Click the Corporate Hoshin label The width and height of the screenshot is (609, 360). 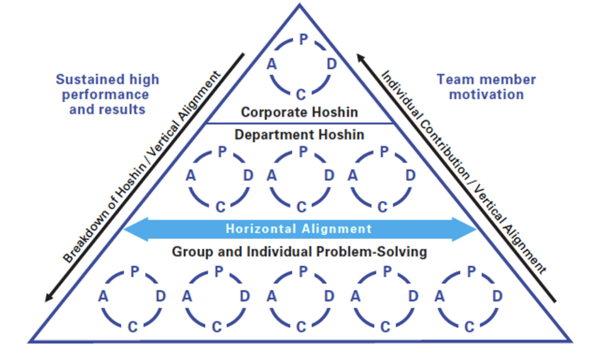300,111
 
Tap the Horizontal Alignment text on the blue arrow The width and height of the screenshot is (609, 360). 299,228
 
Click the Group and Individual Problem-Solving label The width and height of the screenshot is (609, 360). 299,252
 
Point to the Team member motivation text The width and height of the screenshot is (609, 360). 486,87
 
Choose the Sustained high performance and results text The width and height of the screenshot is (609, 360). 108,94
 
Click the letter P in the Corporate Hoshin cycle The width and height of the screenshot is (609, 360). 303,40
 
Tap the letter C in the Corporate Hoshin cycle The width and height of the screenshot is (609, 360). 301,93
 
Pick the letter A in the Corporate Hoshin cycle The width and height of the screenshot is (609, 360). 272,65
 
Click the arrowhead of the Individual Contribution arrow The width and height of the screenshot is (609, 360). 360,57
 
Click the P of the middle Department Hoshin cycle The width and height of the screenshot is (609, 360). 303,152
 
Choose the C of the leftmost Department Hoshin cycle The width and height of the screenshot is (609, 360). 220,206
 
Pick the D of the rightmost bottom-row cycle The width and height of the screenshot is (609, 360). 497,296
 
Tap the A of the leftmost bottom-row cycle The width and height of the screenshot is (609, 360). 103,296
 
